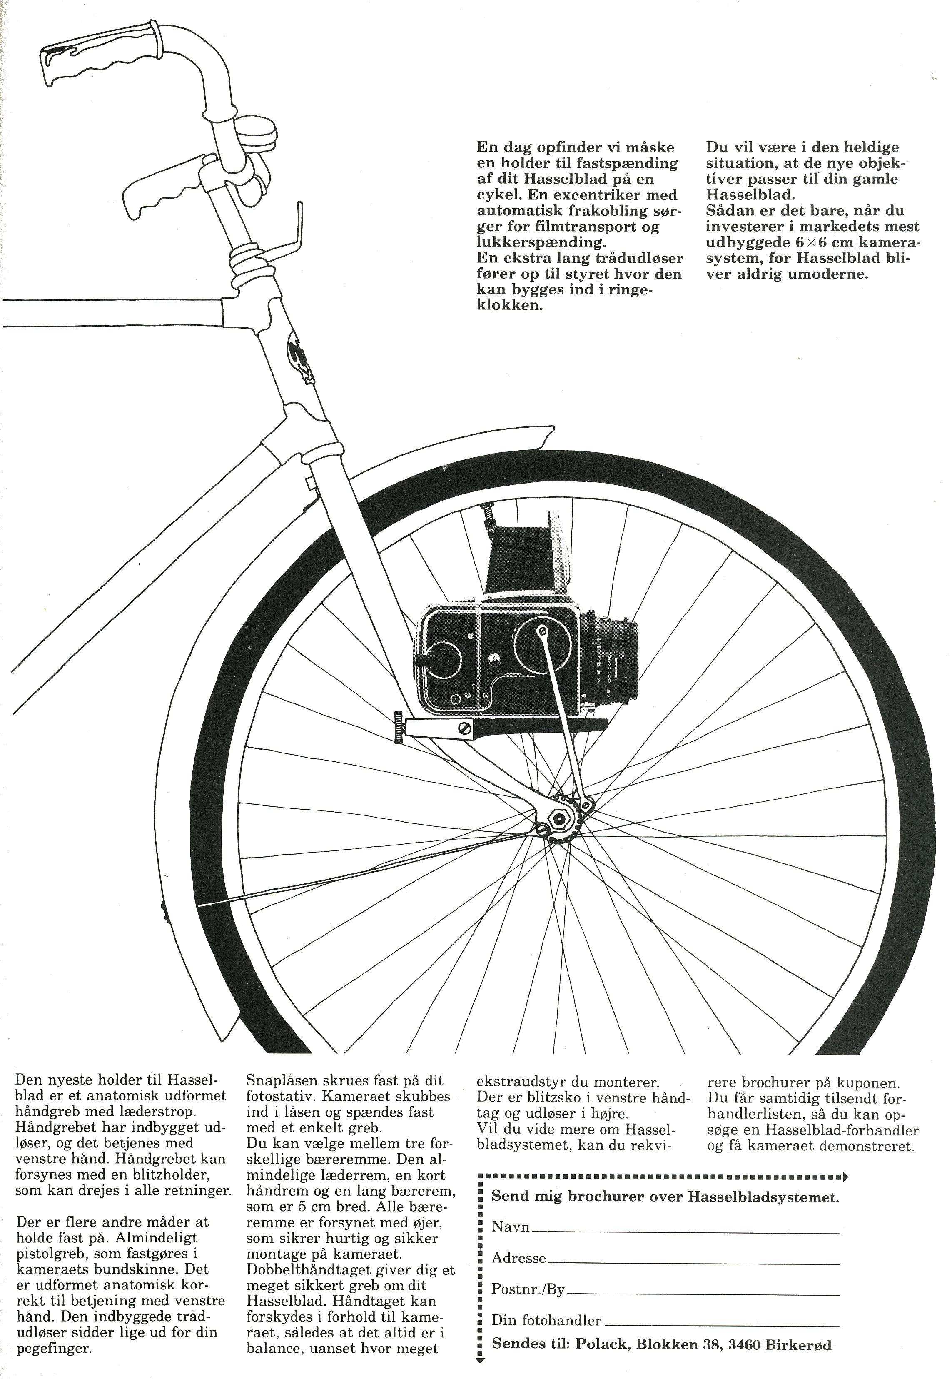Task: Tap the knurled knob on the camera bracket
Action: pyautogui.click(x=399, y=727)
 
